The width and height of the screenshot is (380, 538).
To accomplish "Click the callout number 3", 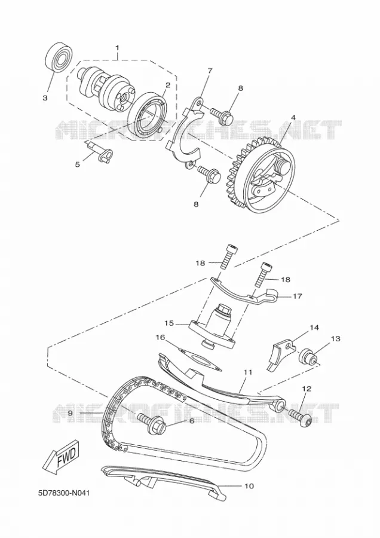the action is pyautogui.click(x=45, y=98).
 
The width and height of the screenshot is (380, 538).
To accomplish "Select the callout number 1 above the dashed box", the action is pyautogui.click(x=117, y=47).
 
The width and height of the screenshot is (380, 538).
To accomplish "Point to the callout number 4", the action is pyautogui.click(x=293, y=118).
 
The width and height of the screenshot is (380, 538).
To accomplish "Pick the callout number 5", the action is pyautogui.click(x=78, y=164).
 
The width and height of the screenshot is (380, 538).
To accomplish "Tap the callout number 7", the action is pyautogui.click(x=210, y=71).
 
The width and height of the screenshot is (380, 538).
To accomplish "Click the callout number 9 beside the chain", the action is pyautogui.click(x=71, y=414).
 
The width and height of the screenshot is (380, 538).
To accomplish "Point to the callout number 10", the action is pyautogui.click(x=249, y=486).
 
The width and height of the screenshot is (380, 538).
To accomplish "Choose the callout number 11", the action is pyautogui.click(x=248, y=372).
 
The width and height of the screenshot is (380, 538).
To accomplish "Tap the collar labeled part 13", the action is pyautogui.click(x=308, y=357).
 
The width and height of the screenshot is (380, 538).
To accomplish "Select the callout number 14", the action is pyautogui.click(x=314, y=328).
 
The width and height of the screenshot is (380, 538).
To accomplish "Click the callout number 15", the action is pyautogui.click(x=170, y=323).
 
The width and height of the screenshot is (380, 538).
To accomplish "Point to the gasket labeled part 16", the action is pyautogui.click(x=198, y=360).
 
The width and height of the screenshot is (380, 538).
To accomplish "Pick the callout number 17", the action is pyautogui.click(x=298, y=295).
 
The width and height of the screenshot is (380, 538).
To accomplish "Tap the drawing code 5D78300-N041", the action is pyautogui.click(x=64, y=493).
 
